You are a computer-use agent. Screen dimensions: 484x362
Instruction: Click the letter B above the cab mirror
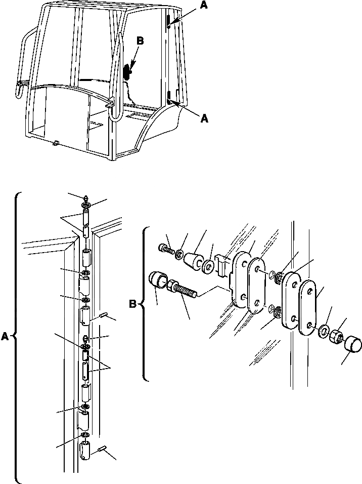tap(140, 42)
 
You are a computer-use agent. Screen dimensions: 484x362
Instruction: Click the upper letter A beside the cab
tap(203, 6)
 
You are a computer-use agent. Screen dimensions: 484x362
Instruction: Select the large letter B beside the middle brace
tap(133, 305)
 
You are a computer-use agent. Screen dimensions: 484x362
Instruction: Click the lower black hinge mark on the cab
tap(168, 96)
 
